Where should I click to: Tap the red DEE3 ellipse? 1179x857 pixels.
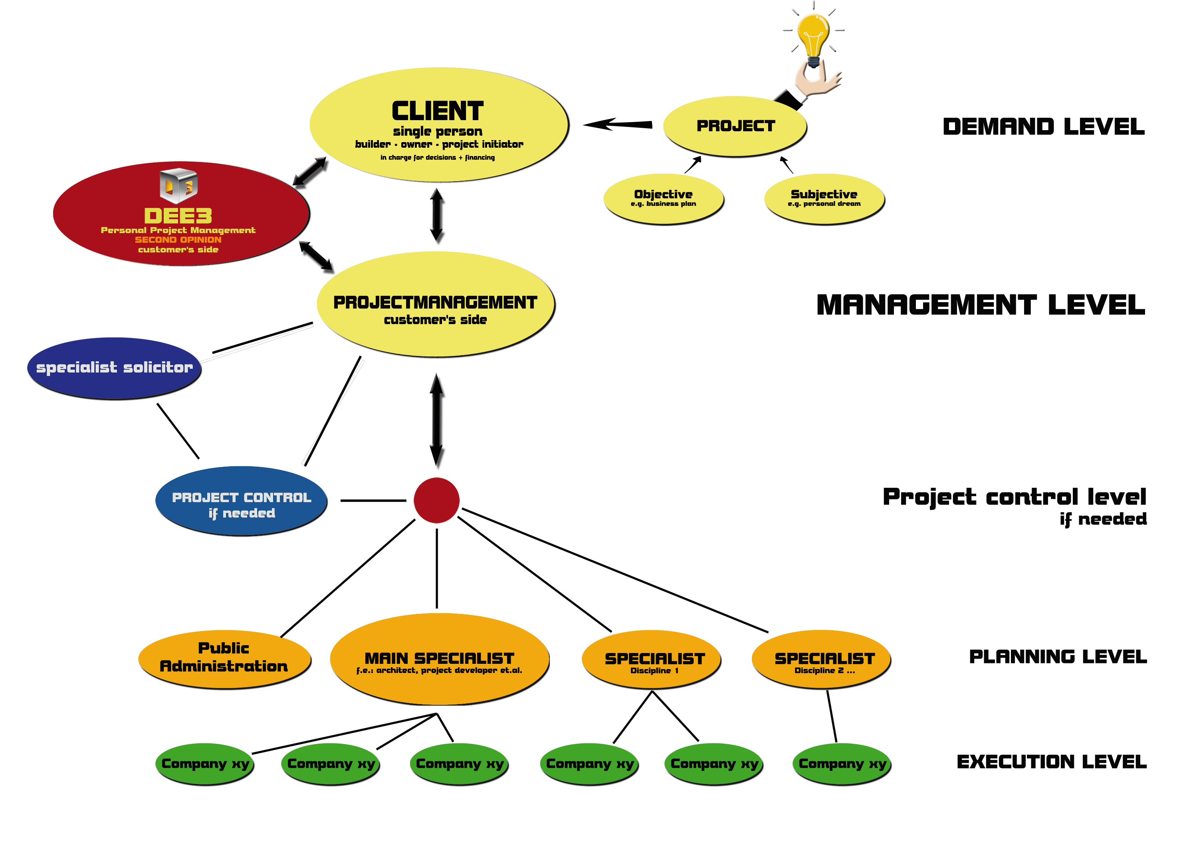click(181, 224)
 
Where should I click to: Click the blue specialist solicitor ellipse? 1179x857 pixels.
click(114, 368)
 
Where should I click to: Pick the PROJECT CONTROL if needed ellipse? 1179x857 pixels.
click(241, 501)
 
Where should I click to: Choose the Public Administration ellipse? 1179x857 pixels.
click(224, 659)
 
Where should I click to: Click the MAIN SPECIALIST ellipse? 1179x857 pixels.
click(439, 659)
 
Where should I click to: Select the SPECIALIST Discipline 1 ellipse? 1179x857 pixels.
click(651, 659)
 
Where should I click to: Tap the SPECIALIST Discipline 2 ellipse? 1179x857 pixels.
click(821, 659)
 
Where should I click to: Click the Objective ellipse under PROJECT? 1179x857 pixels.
click(663, 198)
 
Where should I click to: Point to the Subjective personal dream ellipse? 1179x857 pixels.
click(824, 198)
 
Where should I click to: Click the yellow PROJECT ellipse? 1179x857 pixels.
click(735, 126)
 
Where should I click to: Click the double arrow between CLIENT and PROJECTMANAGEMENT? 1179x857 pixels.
click(437, 216)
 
